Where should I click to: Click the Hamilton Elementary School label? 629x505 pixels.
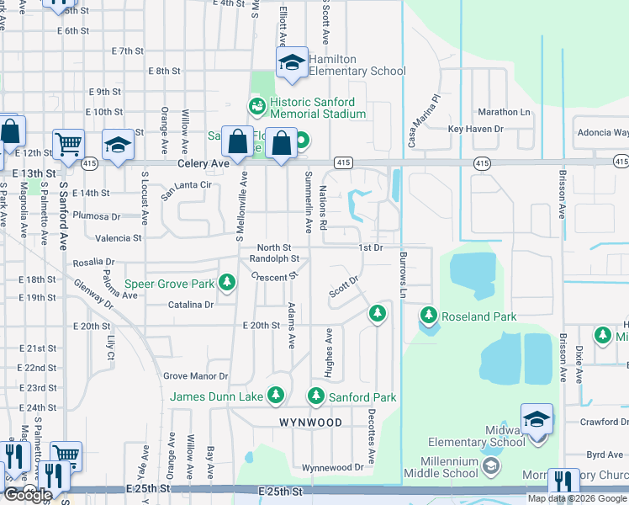pyautogui.click(x=357, y=65)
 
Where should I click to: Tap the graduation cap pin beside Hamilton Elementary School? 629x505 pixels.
pyautogui.click(x=292, y=64)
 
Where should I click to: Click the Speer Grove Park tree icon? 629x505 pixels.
pyautogui.click(x=226, y=284)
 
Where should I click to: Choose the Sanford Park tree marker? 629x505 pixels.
pyautogui.click(x=316, y=395)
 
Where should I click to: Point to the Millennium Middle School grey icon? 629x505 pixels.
pyautogui.click(x=490, y=465)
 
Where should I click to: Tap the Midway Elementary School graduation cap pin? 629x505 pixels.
pyautogui.click(x=537, y=420)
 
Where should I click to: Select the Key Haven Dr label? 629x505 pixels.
pyautogui.click(x=475, y=129)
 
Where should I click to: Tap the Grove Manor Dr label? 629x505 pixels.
pyautogui.click(x=195, y=376)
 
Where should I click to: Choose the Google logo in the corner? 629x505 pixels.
pyautogui.click(x=28, y=495)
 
